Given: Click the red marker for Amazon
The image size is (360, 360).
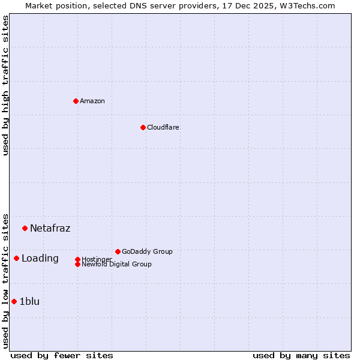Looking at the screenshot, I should (76, 101).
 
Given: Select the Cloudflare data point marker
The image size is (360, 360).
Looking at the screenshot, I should (143, 127).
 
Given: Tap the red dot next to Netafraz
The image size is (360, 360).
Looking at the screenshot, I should (25, 228).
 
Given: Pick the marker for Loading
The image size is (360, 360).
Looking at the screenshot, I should (16, 259).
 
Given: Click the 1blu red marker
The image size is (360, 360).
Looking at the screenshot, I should (14, 301).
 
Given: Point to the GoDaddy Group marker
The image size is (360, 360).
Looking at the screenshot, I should (118, 251).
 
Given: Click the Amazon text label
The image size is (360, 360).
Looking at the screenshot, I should (92, 101).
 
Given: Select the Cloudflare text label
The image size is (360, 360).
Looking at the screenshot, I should (163, 127).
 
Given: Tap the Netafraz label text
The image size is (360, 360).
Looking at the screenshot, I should (50, 228).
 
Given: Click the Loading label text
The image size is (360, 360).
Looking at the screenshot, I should (40, 259).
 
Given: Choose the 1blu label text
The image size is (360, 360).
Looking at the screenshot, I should (29, 301).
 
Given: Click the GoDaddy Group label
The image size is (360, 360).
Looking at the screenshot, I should (147, 251).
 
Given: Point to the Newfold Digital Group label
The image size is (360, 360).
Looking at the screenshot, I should (117, 265).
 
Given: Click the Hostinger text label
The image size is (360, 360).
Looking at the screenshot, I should (97, 259).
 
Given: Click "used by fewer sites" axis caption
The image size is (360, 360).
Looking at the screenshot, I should (62, 355).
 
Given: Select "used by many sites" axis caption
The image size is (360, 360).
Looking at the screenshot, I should (301, 355).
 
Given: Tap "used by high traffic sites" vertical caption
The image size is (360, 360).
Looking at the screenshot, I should (5, 85).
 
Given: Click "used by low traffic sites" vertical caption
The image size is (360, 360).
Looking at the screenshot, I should (5, 281).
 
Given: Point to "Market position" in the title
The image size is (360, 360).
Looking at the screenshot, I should (52, 5).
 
